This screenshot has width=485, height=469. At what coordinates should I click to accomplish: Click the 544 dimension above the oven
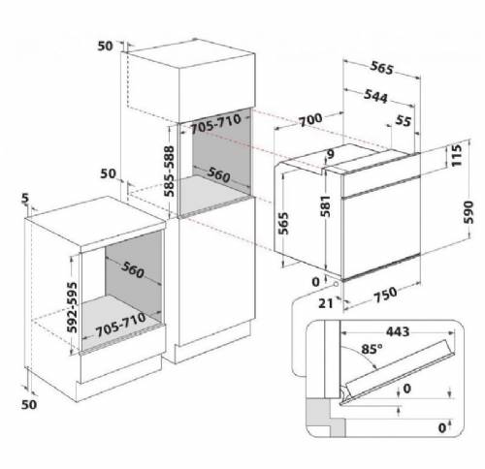pyautogui.click(x=375, y=96)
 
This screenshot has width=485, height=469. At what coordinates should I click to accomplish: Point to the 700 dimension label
pyautogui.click(x=310, y=119)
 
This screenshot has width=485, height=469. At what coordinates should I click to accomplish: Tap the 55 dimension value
pyautogui.click(x=404, y=121)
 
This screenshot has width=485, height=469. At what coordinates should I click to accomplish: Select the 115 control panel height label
pyautogui.click(x=456, y=155)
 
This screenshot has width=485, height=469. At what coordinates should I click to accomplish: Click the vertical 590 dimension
pyautogui.click(x=468, y=212)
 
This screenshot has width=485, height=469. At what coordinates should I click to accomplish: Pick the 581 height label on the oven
pyautogui.click(x=325, y=206)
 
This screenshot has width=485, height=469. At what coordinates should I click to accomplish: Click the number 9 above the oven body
pyautogui.click(x=331, y=154)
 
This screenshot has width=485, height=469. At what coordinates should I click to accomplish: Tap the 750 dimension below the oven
pyautogui.click(x=385, y=295)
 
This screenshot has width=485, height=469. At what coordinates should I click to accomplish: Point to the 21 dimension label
pyautogui.click(x=326, y=303)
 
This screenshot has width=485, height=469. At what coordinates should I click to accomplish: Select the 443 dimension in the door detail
pyautogui.click(x=398, y=331)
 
